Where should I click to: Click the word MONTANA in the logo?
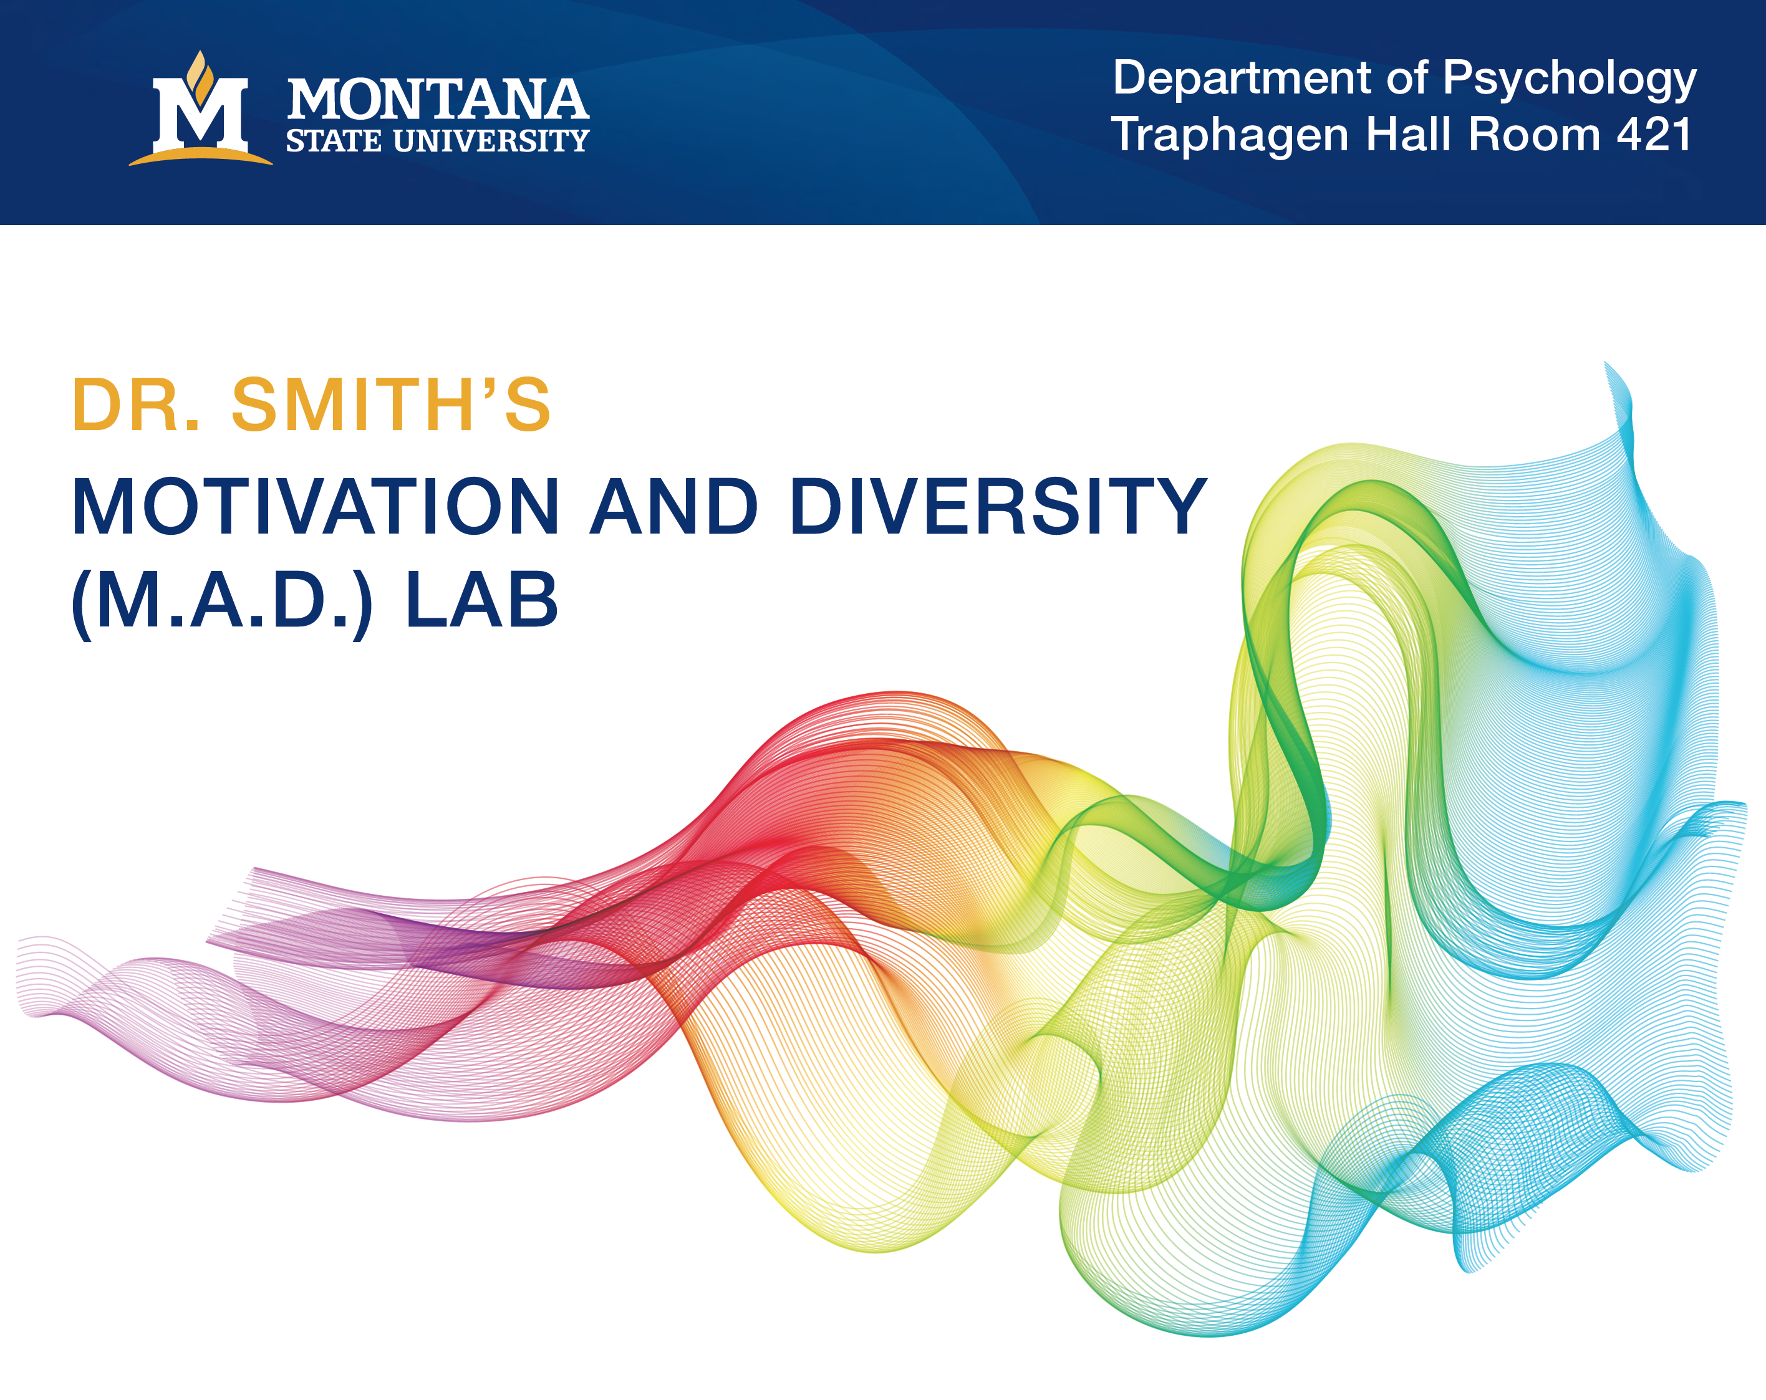[437, 99]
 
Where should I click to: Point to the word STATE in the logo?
[334, 141]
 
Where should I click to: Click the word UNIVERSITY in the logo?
[491, 141]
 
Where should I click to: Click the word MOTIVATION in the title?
[316, 507]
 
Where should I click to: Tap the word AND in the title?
[674, 507]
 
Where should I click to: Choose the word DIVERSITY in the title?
[998, 507]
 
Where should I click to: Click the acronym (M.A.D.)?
[223, 602]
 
